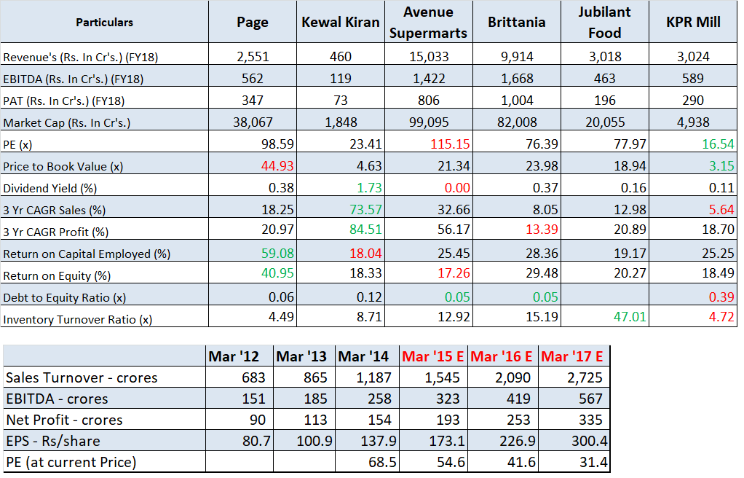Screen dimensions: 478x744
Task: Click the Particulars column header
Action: point(104,22)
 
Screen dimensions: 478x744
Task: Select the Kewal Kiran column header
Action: point(340,22)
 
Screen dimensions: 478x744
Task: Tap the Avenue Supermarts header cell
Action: point(428,22)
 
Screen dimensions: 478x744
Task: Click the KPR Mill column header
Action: point(693,22)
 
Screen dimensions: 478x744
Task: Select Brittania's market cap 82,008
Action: point(516,122)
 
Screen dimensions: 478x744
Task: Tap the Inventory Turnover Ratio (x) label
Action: point(78,319)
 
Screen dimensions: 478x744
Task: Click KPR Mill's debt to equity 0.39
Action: point(720,297)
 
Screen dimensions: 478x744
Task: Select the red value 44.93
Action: point(277,166)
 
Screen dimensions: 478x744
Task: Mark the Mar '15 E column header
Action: point(433,357)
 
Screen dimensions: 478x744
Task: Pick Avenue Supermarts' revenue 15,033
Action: point(428,56)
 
